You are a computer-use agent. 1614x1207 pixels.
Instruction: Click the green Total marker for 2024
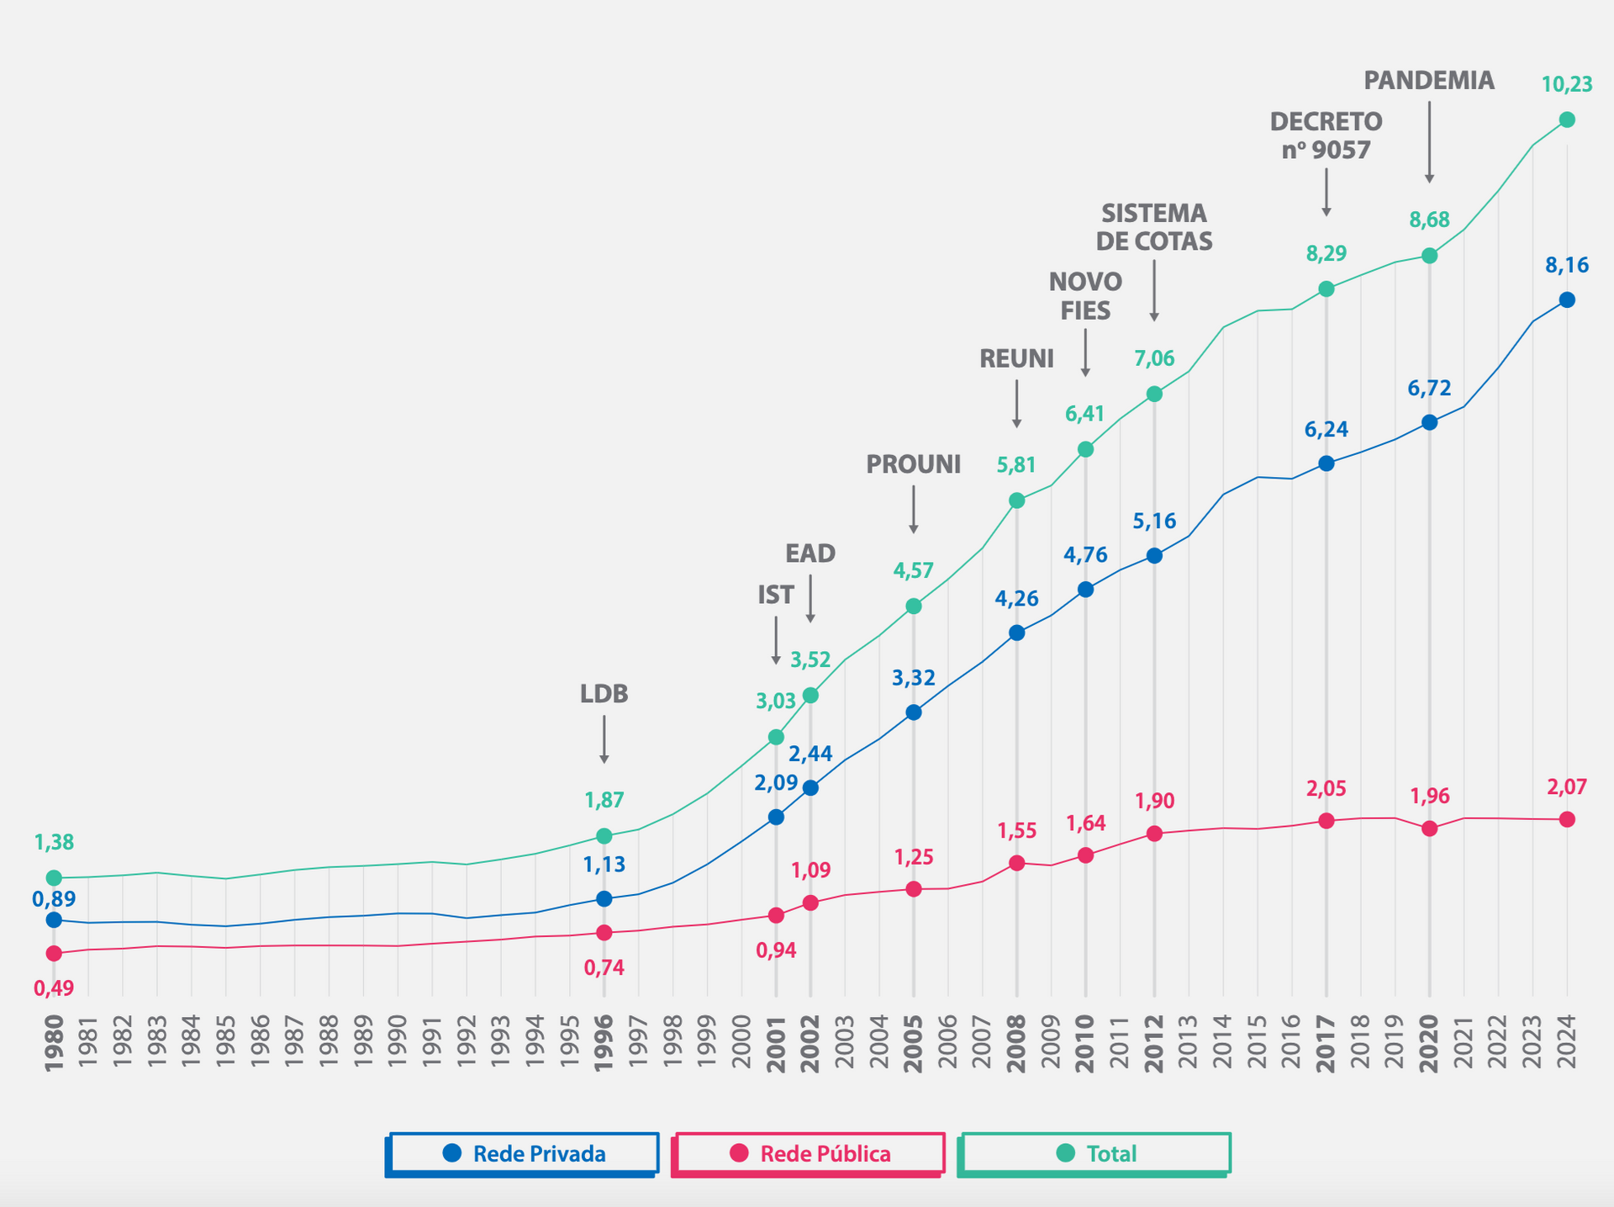[x=1567, y=120]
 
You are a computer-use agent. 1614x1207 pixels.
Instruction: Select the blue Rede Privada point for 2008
[x=1016, y=633]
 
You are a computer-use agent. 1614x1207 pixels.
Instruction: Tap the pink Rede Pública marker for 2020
[x=1429, y=828]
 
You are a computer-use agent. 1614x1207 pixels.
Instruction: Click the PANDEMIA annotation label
[x=1428, y=81]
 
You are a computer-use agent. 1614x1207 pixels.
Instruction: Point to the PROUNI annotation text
[x=913, y=464]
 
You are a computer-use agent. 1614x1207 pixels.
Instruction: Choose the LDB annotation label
[x=604, y=694]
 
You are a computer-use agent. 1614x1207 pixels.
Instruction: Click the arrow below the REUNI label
[x=1016, y=404]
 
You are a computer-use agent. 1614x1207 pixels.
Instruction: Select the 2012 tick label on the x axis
[x=1154, y=1043]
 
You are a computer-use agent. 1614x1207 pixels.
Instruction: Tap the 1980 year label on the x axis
[x=54, y=1043]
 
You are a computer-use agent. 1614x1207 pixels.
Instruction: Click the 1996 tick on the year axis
[x=604, y=1043]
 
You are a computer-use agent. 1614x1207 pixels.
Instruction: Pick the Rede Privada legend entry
[x=523, y=1153]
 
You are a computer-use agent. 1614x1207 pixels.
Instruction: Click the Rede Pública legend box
[x=809, y=1153]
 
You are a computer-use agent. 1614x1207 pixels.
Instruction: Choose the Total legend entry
[x=1094, y=1153]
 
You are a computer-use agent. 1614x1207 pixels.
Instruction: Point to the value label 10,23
[x=1566, y=84]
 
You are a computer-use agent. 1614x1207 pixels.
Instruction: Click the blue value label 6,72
[x=1429, y=389]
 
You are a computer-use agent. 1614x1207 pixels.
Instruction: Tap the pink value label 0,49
[x=54, y=988]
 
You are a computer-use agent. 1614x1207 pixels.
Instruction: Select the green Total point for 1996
[x=604, y=836]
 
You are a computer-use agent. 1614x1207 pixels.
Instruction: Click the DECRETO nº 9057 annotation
[x=1326, y=135]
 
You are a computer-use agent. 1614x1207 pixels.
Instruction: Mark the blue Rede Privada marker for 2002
[x=810, y=788]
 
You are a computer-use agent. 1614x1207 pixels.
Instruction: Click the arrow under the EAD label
[x=810, y=599]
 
